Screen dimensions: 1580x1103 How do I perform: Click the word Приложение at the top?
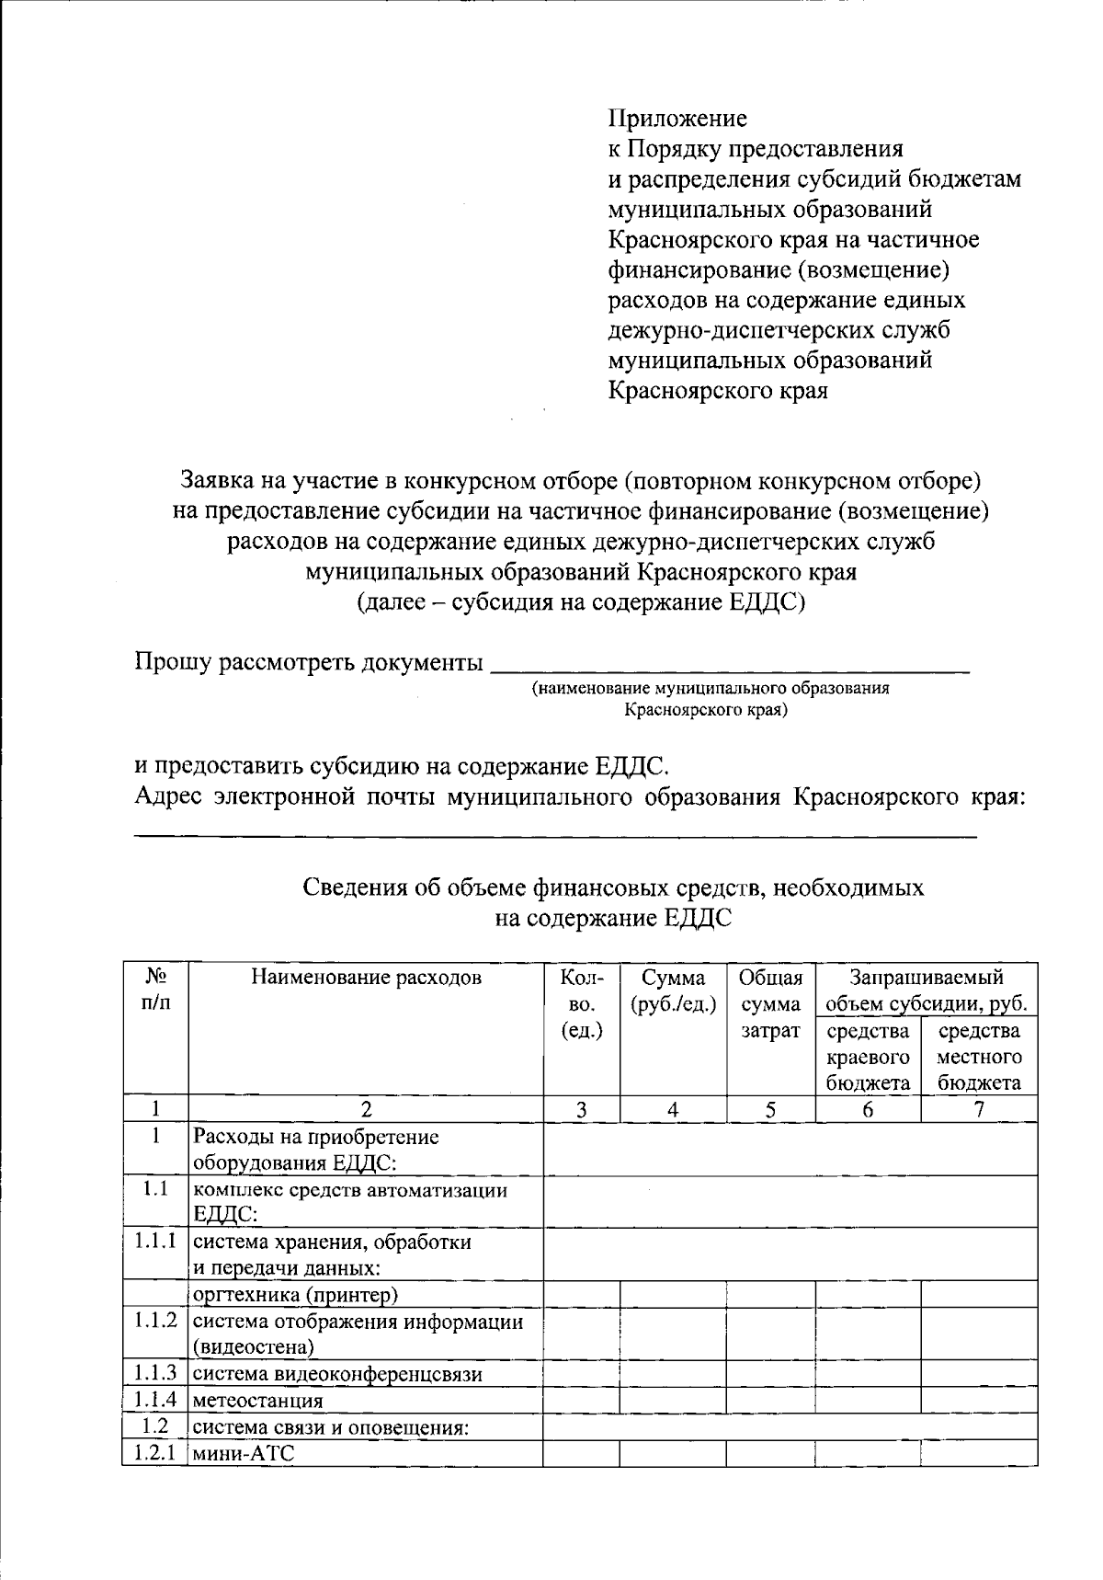677,119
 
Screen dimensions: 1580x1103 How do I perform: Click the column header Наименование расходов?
366,977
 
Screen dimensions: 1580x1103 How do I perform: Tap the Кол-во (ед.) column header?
581,1003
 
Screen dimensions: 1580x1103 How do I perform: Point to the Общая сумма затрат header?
770,1003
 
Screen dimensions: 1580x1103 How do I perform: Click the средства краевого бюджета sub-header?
868,1057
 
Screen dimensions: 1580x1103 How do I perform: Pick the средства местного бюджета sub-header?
979,1057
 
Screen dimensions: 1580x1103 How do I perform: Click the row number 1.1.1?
154,1242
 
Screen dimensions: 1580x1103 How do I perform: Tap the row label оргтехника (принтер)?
295,1295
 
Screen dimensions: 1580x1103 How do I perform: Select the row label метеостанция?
258,1401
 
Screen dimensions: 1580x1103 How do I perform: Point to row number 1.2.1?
154,1454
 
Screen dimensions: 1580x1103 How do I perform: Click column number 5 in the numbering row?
770,1109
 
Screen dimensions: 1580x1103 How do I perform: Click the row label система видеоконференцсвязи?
337,1374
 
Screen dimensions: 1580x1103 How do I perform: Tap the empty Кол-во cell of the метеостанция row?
581,1401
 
